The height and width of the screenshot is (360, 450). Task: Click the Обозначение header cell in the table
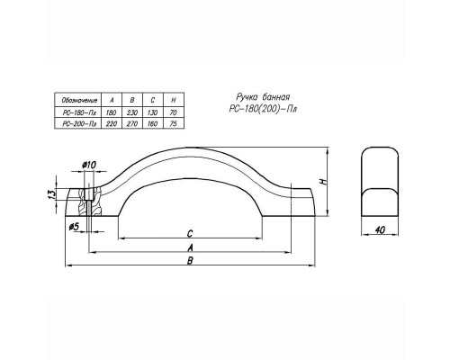[79, 100]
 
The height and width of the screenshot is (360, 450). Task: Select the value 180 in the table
[111, 112]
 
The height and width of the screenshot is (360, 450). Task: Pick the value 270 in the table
[132, 123]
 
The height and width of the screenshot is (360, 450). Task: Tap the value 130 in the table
[152, 112]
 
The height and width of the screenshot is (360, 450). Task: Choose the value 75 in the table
[173, 123]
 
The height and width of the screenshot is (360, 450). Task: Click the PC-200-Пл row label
[79, 123]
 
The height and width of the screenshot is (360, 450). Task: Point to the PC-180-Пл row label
[79, 112]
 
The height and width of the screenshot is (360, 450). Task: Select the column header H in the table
[173, 100]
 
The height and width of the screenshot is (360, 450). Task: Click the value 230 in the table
[132, 112]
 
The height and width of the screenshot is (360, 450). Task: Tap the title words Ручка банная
[263, 97]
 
